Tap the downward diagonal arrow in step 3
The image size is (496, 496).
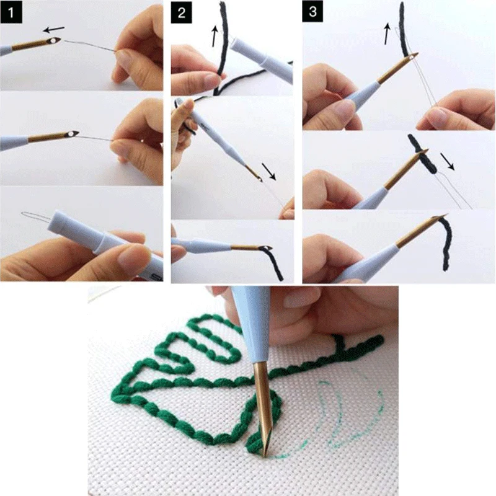pyautogui.click(x=451, y=162)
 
